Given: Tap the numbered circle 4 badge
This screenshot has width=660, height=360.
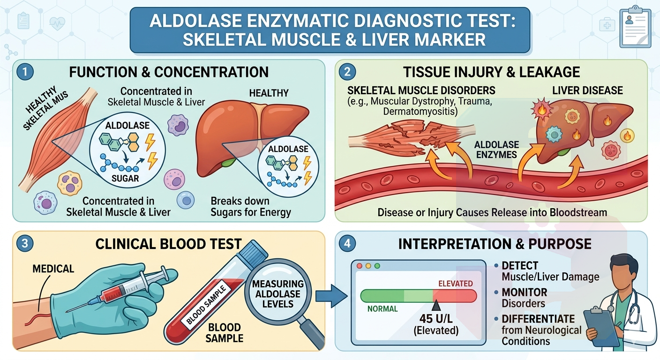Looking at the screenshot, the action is click(x=347, y=244).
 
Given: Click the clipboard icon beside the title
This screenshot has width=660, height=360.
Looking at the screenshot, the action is click(x=635, y=28).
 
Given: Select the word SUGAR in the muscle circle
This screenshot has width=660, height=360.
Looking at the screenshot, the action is click(x=125, y=178).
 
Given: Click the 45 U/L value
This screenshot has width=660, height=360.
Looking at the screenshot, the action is click(x=436, y=319).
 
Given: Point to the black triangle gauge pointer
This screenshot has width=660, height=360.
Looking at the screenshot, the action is click(x=436, y=306).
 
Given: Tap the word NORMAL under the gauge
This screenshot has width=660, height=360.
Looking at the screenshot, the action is click(x=382, y=309).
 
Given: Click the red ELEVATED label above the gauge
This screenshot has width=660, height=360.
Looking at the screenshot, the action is click(x=456, y=284).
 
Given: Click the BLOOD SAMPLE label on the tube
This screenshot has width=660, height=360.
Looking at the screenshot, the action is click(x=207, y=305).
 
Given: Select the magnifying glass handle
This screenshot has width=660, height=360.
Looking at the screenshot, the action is click(x=312, y=334).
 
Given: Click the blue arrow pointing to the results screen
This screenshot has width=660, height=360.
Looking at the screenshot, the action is click(x=331, y=296).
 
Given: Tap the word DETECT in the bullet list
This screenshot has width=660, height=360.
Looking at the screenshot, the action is click(x=520, y=266).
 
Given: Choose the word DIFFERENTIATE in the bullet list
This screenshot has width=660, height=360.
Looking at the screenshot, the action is click(x=538, y=319).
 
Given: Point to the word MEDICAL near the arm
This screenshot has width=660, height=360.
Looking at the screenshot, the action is click(x=53, y=269).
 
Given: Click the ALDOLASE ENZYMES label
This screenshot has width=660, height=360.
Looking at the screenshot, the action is click(x=496, y=150).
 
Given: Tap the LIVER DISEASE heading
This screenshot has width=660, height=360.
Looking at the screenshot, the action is click(x=587, y=90).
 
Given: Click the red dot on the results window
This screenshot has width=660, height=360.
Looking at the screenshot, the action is click(x=359, y=266).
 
